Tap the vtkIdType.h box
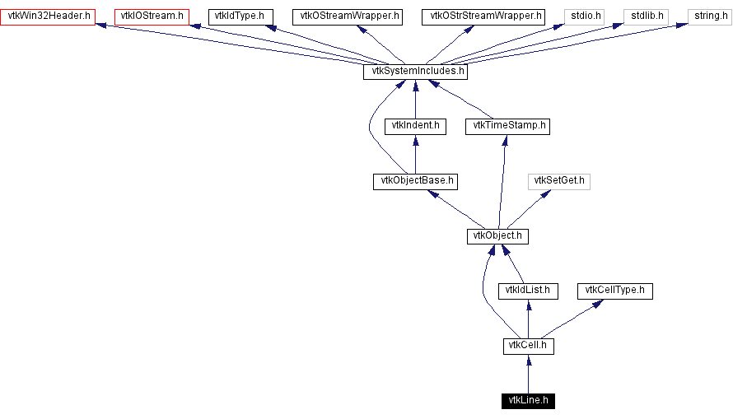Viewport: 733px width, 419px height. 239,16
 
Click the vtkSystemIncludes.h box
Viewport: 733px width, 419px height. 415,72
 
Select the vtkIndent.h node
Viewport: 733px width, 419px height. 415,126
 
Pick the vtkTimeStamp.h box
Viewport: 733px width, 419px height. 507,126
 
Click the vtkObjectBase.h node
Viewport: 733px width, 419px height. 415,181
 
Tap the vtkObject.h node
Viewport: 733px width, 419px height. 497,236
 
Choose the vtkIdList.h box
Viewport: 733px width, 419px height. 528,291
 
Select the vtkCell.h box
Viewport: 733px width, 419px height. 528,347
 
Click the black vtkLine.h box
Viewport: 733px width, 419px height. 528,402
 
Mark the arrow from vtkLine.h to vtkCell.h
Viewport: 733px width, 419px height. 528,375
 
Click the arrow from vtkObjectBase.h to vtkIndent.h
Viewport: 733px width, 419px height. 415,154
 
